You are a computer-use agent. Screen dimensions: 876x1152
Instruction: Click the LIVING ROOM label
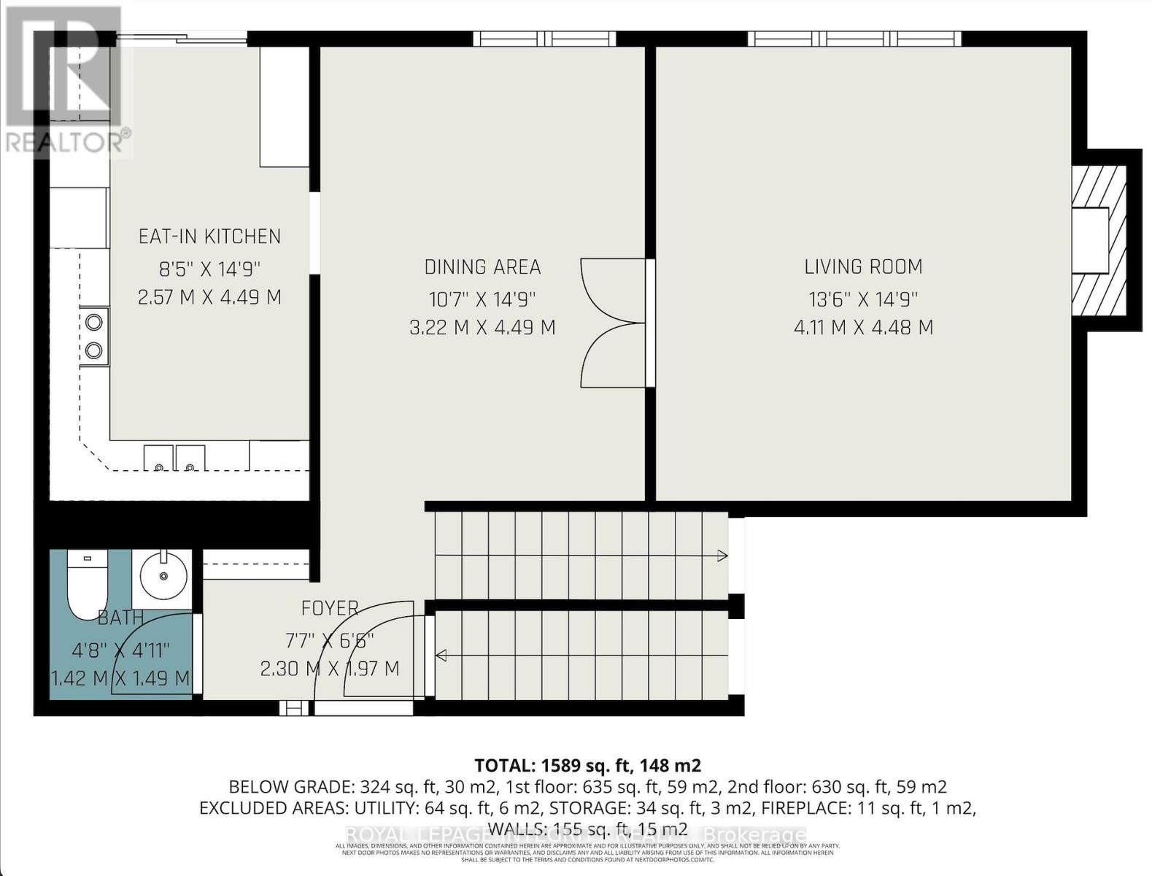click(863, 267)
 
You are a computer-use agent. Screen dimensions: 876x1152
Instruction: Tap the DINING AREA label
click(482, 267)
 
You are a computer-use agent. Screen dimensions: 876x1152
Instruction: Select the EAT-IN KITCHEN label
click(209, 237)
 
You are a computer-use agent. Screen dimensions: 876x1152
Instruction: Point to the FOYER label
click(330, 608)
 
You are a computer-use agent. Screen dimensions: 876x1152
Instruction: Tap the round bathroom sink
click(162, 576)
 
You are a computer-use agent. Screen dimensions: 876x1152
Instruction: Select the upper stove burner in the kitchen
click(94, 322)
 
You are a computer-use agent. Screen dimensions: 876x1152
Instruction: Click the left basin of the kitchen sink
click(158, 458)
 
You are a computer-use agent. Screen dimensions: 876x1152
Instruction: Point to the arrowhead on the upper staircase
click(722, 556)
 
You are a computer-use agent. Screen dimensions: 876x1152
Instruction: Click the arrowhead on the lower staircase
click(441, 656)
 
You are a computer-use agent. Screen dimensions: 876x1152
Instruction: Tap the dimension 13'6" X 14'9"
click(863, 299)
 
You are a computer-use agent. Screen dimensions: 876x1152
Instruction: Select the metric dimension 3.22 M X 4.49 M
click(482, 328)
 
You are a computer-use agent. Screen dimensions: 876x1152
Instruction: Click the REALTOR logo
click(66, 80)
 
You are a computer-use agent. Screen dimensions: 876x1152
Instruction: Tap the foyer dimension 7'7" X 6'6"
click(330, 640)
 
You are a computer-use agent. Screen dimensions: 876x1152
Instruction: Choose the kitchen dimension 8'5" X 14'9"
click(209, 269)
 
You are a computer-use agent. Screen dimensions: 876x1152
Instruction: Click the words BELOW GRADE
click(291, 787)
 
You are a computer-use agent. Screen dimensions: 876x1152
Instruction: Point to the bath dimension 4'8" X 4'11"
click(120, 649)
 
